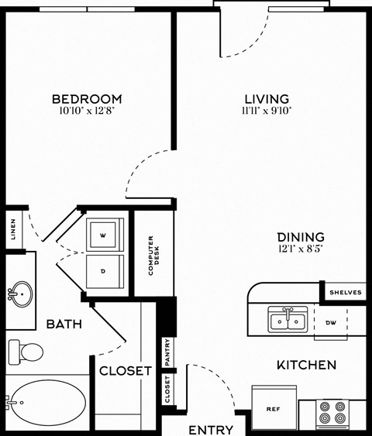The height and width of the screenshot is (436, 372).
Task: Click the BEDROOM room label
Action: click(x=87, y=98)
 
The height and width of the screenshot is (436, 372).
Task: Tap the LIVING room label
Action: click(x=267, y=98)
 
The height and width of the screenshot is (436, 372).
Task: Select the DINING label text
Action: click(x=300, y=237)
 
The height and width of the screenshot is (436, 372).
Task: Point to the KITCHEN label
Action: click(x=306, y=365)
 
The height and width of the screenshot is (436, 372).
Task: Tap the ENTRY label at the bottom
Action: click(x=211, y=429)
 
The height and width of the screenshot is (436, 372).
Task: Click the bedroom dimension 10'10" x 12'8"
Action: click(x=87, y=111)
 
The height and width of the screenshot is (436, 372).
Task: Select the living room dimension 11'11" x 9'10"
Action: click(x=267, y=111)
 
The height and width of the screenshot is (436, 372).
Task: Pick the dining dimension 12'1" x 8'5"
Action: click(x=300, y=249)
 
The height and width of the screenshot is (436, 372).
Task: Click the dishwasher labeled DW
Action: click(x=330, y=322)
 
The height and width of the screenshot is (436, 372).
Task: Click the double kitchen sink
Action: click(x=288, y=320)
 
